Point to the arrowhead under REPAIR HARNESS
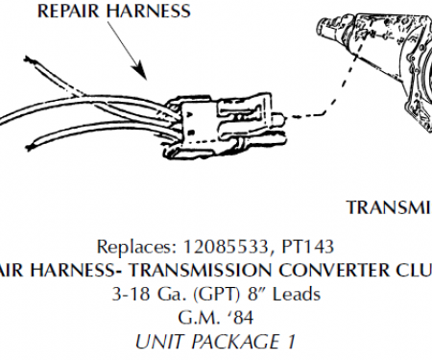142,75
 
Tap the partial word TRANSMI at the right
388,207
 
